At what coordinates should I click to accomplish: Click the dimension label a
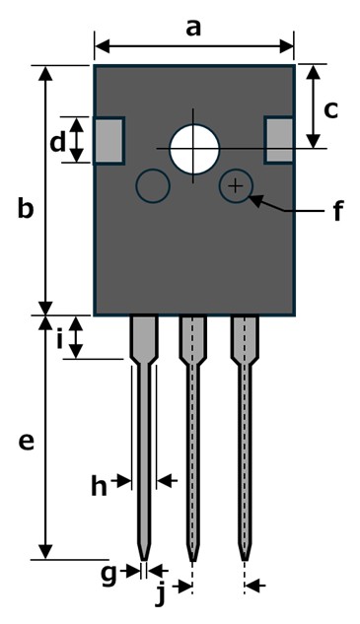click(x=193, y=29)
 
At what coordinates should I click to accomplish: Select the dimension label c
click(x=331, y=110)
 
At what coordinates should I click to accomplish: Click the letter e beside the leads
click(x=27, y=442)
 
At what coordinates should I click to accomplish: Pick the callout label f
click(x=338, y=210)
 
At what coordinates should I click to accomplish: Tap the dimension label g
click(x=108, y=576)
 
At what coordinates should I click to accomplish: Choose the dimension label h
click(x=100, y=486)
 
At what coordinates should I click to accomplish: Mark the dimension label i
click(x=60, y=338)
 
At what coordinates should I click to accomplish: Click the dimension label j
click(x=160, y=594)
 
